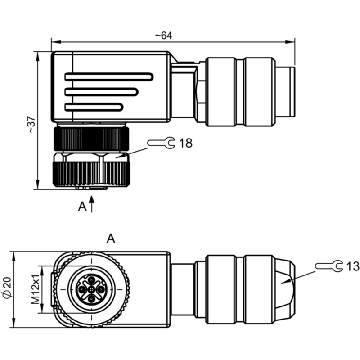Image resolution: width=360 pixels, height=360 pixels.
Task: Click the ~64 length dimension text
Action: tap(163, 36)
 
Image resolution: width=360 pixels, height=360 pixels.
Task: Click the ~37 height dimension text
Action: tap(31, 125)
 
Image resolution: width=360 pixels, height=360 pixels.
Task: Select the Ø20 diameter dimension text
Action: tap(7, 288)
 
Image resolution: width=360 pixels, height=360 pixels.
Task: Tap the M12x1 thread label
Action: tap(36, 289)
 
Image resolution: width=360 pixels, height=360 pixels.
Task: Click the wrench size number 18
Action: tap(185, 143)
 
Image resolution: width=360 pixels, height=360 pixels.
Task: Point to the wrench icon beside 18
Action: tap(161, 143)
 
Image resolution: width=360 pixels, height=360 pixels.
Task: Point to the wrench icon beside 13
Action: tap(329, 266)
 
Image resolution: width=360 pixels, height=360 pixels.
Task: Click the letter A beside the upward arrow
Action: tap(82, 207)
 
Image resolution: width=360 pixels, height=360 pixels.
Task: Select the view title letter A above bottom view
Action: tap(111, 238)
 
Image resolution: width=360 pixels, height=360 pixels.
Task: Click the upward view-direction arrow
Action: tap(92, 204)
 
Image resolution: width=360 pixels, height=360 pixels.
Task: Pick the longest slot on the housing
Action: tap(109, 76)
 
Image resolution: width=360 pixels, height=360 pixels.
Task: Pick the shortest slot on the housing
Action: tap(94, 107)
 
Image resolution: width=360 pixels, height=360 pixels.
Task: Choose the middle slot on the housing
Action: tap(102, 92)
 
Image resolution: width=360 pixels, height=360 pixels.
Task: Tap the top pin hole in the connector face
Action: tap(92, 280)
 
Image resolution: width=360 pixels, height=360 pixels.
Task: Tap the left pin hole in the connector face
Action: tap(82, 289)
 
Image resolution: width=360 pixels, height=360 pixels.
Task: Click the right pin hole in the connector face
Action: tap(101, 289)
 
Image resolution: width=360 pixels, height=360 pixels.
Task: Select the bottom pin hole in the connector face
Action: tap(92, 299)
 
